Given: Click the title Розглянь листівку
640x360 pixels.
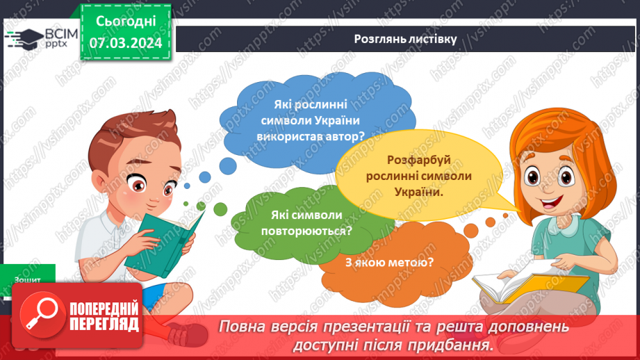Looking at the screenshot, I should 404,39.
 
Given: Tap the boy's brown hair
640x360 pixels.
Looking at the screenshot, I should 139,136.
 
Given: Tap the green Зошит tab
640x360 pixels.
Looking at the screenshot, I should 28,279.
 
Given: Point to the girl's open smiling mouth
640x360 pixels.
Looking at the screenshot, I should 553,204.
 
